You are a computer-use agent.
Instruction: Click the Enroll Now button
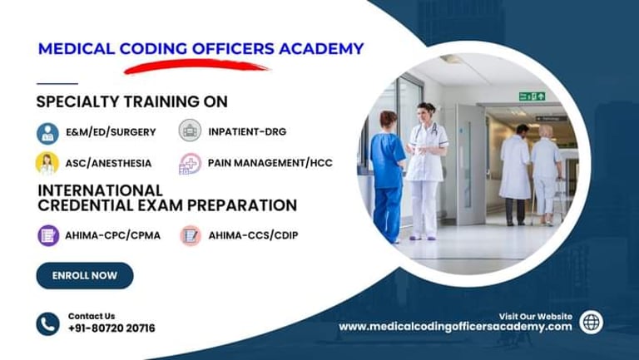coord(85,276)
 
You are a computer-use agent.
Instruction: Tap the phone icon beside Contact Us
coord(47,324)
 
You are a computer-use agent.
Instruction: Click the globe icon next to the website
coord(591,322)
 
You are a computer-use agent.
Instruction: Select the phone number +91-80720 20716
coord(111,328)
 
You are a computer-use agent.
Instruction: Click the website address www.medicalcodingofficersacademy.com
coord(455,327)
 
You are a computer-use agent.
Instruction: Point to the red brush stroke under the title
coord(196,66)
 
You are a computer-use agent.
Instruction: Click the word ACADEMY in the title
coord(321,49)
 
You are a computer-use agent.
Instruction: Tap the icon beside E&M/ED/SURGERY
coord(47,133)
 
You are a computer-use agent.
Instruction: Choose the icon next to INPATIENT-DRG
coord(190,131)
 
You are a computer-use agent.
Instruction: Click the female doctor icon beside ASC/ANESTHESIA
coord(47,163)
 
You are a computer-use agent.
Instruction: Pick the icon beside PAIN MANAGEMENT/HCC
coord(190,164)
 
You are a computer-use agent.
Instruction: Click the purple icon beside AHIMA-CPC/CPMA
coord(48,235)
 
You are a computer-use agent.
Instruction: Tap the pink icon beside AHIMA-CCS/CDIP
coord(191,235)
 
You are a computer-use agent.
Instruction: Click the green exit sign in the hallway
coord(532,96)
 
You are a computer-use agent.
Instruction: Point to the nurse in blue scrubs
coord(387,176)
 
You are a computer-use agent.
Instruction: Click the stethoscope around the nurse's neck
coord(425,131)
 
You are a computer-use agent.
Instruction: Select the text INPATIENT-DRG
coord(247,131)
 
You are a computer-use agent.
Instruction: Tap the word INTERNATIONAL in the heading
coord(100,190)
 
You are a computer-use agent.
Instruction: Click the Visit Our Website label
coord(536,317)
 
